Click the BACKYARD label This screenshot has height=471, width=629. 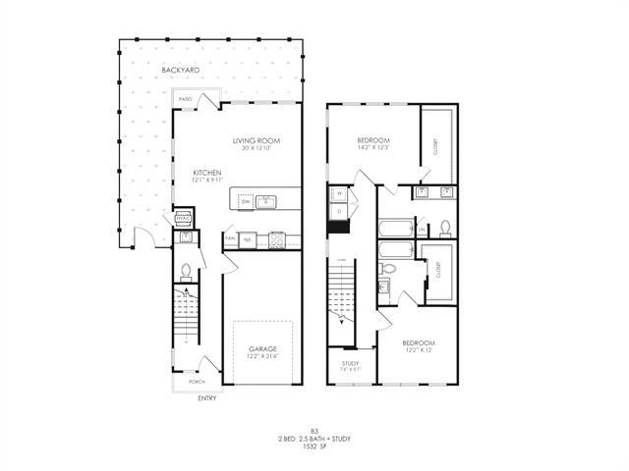(x=182, y=72)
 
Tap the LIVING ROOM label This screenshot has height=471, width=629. (x=257, y=141)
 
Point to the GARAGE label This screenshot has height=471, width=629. (x=261, y=348)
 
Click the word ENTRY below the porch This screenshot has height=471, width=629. (x=206, y=397)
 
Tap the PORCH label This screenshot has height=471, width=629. (x=196, y=382)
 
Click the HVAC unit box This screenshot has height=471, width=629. (x=182, y=219)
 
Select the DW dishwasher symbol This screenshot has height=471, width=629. (x=246, y=201)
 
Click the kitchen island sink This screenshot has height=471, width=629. (x=266, y=201)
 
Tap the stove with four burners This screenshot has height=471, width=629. (x=277, y=238)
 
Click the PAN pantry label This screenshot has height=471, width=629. (x=229, y=236)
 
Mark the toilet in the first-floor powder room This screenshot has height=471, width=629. (x=186, y=270)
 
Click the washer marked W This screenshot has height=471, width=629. (x=338, y=193)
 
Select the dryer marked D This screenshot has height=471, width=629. (x=338, y=210)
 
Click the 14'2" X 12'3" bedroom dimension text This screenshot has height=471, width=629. (x=373, y=148)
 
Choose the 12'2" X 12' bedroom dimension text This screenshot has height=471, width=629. (x=417, y=350)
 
